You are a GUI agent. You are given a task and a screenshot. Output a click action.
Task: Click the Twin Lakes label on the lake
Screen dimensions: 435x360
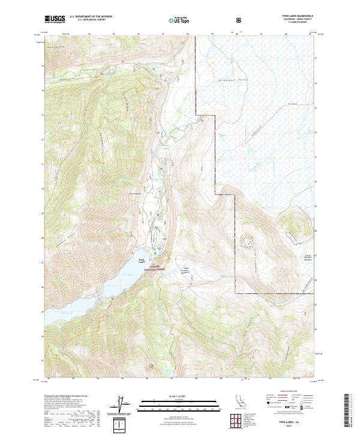(142, 260)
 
